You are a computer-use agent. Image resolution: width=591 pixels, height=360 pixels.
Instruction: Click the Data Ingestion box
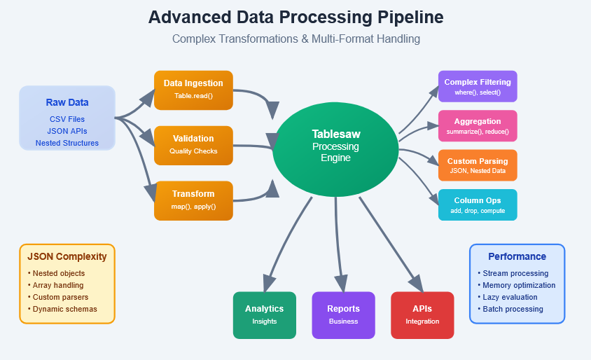click(x=193, y=90)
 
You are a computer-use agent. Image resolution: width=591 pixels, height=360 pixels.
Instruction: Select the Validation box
click(x=193, y=144)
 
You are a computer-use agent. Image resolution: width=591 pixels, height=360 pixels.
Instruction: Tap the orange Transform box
click(x=193, y=200)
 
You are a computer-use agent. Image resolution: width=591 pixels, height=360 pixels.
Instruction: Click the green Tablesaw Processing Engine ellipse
click(x=335, y=147)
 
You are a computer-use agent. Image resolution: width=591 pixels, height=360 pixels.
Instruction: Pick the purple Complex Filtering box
click(x=478, y=87)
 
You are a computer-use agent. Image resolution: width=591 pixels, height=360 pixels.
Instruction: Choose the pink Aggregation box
click(x=478, y=126)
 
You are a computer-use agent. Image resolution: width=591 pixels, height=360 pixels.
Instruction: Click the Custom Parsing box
click(x=478, y=165)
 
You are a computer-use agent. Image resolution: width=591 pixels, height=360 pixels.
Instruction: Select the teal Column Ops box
click(x=478, y=205)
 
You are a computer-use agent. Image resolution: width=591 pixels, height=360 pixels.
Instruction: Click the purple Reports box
click(x=343, y=314)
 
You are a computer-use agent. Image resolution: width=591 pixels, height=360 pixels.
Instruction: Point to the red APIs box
click(x=422, y=314)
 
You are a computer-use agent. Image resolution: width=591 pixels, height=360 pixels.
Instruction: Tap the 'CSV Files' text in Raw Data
click(x=67, y=119)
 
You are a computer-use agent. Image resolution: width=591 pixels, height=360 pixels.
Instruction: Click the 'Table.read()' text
click(x=193, y=96)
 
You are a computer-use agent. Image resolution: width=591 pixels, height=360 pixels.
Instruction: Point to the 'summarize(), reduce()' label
click(x=478, y=132)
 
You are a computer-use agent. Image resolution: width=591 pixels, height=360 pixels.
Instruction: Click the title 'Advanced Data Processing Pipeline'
click(x=295, y=18)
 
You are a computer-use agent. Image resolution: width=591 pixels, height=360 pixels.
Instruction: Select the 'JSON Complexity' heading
click(x=67, y=256)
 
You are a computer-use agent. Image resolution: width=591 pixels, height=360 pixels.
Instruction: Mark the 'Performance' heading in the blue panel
click(x=517, y=256)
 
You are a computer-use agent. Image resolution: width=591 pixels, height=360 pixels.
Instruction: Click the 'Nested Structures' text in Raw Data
click(x=67, y=143)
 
